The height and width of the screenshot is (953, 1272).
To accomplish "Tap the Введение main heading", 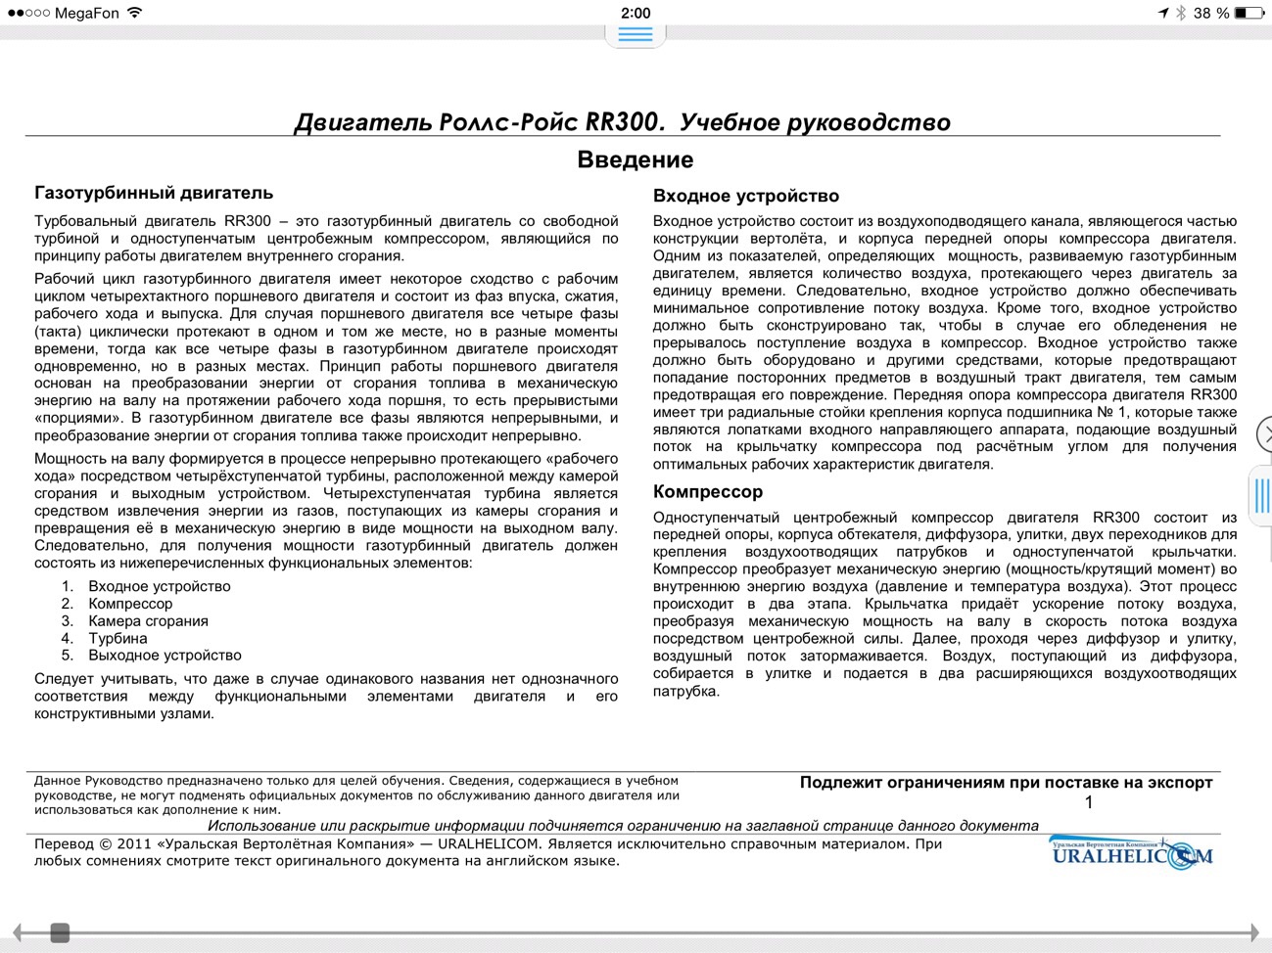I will (635, 159).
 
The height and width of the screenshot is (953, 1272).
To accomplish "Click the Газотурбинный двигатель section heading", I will (154, 193).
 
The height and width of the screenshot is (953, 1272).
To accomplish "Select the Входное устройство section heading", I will (745, 196).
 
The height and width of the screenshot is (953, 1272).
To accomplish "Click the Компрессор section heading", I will (707, 491).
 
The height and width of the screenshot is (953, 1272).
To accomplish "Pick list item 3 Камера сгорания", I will (148, 621).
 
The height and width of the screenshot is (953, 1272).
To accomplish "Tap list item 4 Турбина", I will (118, 638).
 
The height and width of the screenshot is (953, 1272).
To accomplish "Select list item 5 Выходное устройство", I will (165, 656).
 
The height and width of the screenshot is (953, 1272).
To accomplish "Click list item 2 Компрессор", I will (130, 604).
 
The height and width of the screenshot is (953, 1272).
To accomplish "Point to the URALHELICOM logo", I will (1131, 854).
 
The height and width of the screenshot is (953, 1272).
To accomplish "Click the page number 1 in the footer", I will (1089, 802).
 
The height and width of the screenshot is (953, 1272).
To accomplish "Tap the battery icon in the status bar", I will (1248, 13).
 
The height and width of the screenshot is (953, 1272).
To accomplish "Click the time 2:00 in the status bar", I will (636, 13).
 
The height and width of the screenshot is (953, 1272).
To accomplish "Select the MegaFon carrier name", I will (86, 13).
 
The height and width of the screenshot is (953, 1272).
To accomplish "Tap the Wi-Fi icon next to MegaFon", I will (135, 13).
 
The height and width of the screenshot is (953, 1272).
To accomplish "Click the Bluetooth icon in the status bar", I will (1180, 13).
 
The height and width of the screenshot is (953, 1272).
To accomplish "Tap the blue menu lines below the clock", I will (636, 34).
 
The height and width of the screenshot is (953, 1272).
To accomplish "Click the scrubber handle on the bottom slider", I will (60, 932).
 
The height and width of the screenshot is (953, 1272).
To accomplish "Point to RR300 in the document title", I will (623, 122).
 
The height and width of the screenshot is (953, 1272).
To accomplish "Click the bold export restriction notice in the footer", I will (1006, 783).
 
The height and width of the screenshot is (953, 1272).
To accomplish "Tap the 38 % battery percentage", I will (1210, 13).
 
